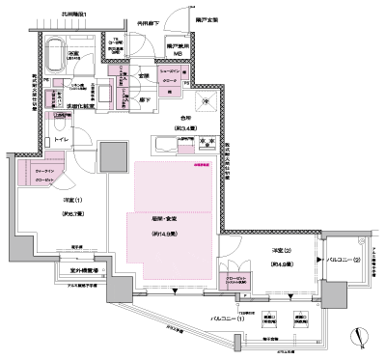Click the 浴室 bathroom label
pos(73,55)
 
